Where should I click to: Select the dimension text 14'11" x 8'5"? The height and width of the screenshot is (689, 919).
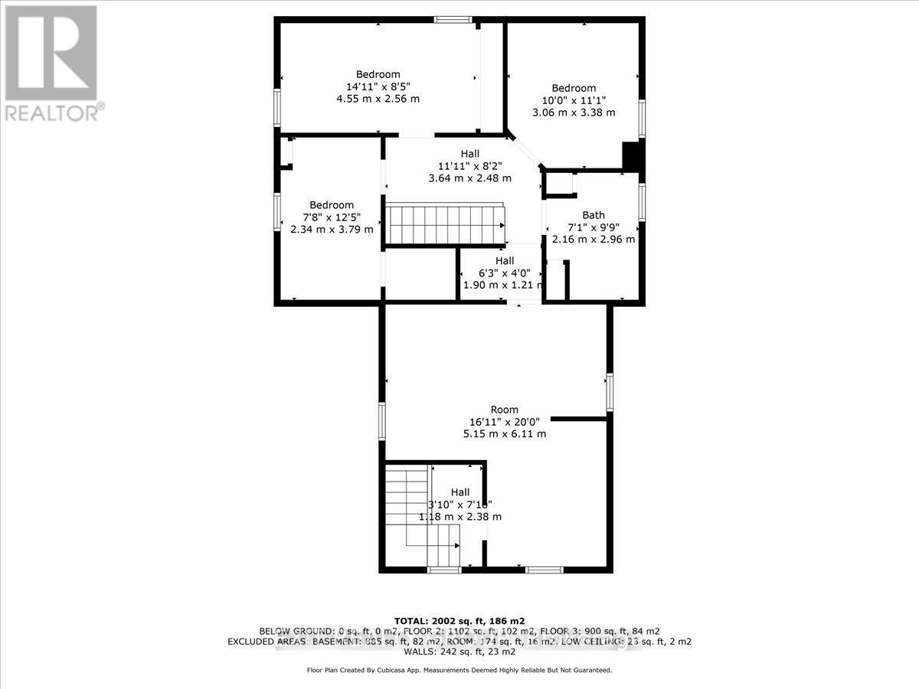coord(378,87)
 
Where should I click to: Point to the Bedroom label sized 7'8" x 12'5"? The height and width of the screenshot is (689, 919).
coord(332,204)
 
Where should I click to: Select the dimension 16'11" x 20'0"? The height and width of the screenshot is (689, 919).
coord(505,421)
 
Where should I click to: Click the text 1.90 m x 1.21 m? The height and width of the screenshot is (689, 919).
coord(502,285)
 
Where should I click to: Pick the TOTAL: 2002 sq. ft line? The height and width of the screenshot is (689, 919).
coord(459,620)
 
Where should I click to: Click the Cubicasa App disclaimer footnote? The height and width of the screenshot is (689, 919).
coord(459,670)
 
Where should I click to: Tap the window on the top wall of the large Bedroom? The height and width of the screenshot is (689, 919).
coord(452,20)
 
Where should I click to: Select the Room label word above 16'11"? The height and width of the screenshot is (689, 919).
coord(505,409)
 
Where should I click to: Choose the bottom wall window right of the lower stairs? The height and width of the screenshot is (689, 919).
coord(544,570)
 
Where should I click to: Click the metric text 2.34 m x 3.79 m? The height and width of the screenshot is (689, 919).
coord(332,229)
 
